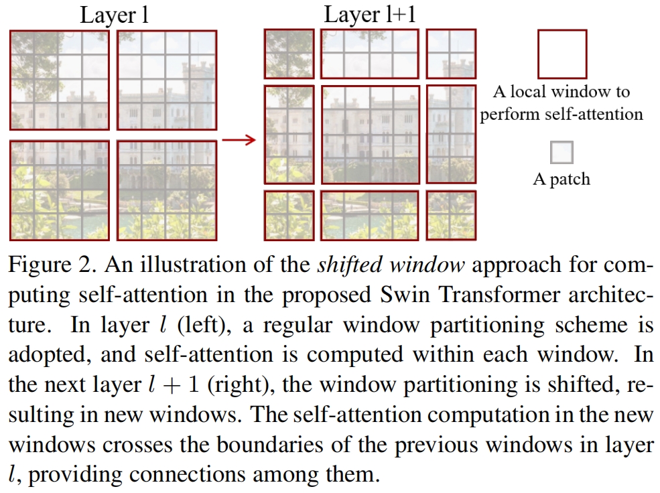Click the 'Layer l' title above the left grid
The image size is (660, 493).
pos(114,15)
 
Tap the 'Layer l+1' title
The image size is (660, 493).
pos(369,15)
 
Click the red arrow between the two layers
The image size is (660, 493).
pos(239,140)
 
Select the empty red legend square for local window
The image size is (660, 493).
pos(562,54)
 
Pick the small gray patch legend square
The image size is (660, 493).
pos(562,153)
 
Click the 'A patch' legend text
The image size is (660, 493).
pos(562,180)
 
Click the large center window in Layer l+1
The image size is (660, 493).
pos(370,134)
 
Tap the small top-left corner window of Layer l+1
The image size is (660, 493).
pos(289,54)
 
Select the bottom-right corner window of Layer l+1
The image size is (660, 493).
pos(451,215)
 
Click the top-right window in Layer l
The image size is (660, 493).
pos(167,80)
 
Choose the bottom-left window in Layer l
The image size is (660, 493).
pos(60,190)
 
